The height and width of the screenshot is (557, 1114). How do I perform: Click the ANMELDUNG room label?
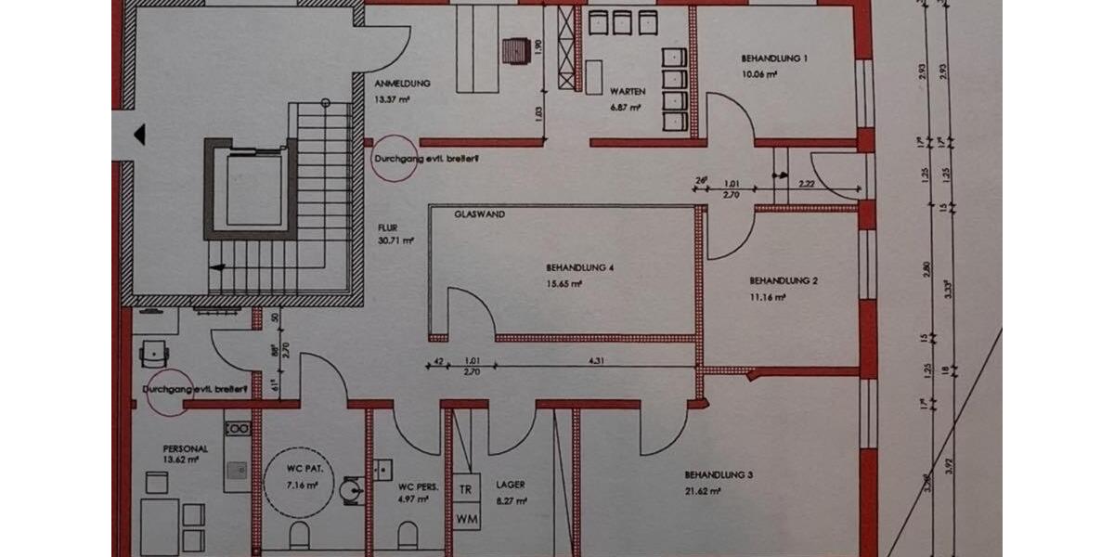pos(402,84)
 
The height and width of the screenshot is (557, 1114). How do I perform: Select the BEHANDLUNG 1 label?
pos(774,58)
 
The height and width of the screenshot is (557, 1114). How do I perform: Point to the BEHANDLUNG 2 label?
pos(782,280)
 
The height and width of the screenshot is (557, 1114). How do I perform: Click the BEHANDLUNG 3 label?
pos(719,475)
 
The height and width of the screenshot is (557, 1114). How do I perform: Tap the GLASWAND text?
pos(479,214)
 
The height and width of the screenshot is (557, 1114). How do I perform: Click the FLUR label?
pos(387,227)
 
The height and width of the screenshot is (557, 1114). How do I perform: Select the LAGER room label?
pos(510,485)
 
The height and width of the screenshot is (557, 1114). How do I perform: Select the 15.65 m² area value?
pos(563,286)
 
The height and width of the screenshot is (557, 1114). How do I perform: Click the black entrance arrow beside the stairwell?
pos(139,136)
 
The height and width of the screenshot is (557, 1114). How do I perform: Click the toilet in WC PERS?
pos(407,534)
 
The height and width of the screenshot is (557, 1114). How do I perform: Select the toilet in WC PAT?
pos(299,534)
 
